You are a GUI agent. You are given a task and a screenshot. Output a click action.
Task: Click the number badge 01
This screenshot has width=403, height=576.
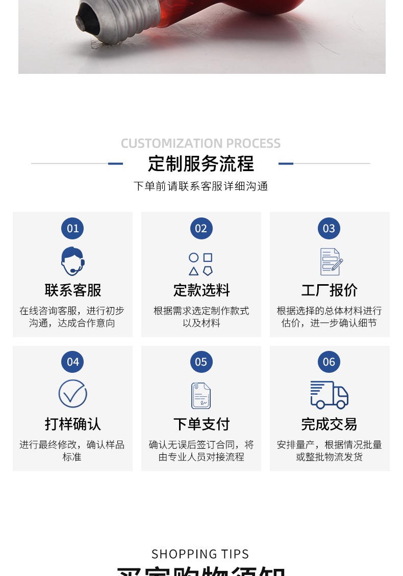pos(72,228)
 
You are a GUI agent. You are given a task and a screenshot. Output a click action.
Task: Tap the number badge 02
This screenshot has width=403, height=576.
pos(201,228)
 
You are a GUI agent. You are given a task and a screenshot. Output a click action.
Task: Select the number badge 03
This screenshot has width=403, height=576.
pos(329,228)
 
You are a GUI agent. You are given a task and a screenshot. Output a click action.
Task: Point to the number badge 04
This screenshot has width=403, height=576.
pos(72,362)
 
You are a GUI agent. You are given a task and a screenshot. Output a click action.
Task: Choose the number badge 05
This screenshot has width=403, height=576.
pos(201,362)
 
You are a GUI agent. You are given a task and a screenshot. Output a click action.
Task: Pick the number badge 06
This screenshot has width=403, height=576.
pos(329,362)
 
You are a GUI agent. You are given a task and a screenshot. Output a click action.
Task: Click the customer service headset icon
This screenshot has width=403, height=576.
pos(72,261)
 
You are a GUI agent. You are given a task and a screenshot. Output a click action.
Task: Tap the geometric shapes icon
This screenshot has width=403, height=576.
pos(201,264)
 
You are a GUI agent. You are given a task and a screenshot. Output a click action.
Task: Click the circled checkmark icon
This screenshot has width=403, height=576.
pos(72,394)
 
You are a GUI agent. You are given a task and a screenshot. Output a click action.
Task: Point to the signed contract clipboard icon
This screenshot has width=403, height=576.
pos(201,396)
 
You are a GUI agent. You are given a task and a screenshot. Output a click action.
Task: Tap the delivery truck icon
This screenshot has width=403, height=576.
pos(330,395)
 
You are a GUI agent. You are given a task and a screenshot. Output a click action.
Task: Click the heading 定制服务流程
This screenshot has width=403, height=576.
pos(201,163)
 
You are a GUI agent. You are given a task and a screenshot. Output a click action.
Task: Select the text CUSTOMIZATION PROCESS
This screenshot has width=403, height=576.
pos(201,143)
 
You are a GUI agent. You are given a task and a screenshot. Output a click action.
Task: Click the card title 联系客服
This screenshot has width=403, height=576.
pos(72,290)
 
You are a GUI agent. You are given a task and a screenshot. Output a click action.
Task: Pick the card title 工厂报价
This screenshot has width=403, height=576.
pos(329,290)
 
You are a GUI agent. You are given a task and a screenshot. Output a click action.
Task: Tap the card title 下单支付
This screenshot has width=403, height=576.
pos(201,424)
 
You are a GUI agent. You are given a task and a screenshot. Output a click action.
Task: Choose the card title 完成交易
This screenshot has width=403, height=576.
pos(329,424)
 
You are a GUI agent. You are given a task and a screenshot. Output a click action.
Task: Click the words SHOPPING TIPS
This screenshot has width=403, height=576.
pos(200,554)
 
